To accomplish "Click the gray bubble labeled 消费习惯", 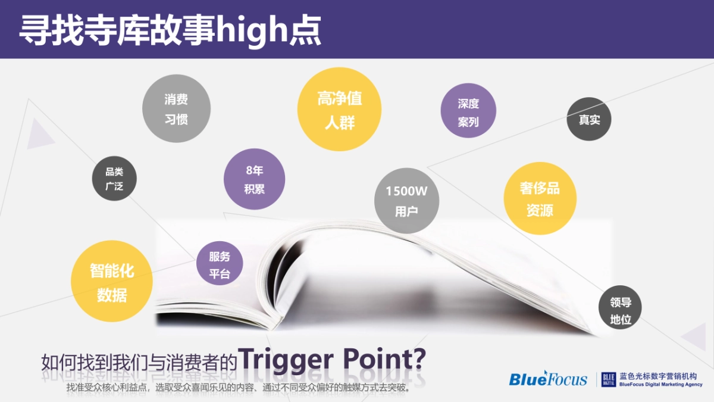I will [x=176, y=108].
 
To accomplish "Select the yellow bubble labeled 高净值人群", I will [x=339, y=109].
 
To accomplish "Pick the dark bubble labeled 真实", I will [x=589, y=119].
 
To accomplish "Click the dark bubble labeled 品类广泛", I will [x=114, y=179].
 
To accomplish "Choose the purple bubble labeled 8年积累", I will [x=254, y=179].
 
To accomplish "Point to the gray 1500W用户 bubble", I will [x=406, y=201].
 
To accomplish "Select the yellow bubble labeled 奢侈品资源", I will [x=540, y=198].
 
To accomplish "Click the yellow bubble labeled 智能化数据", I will [x=112, y=282].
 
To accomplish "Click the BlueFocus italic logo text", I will [x=547, y=379].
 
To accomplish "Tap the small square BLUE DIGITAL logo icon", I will [x=608, y=379].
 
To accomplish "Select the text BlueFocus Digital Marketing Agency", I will [x=660, y=385].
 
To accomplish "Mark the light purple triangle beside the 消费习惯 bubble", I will [x=39, y=134].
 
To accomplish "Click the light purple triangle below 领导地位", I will [x=696, y=336].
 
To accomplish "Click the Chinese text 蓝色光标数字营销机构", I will [x=657, y=376].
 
